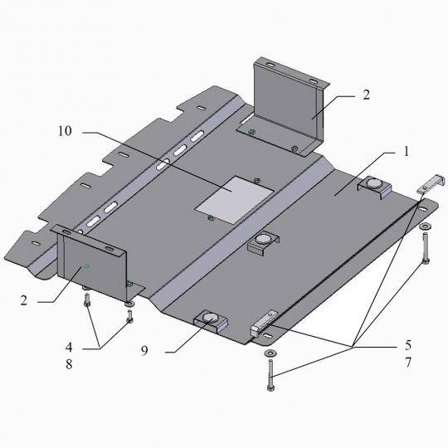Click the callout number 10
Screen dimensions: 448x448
[x=66, y=131]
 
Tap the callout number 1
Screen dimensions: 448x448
[x=407, y=152]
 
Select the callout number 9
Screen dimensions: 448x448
[x=145, y=350]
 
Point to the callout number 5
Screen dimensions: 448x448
[x=407, y=345]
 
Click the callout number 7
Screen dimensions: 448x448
[x=407, y=363]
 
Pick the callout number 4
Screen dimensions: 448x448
[x=69, y=347]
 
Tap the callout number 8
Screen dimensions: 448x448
[x=69, y=364]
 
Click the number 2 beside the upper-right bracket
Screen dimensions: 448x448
[x=366, y=95]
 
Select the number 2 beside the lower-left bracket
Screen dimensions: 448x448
[x=24, y=300]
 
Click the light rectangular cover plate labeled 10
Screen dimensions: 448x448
[x=235, y=200]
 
